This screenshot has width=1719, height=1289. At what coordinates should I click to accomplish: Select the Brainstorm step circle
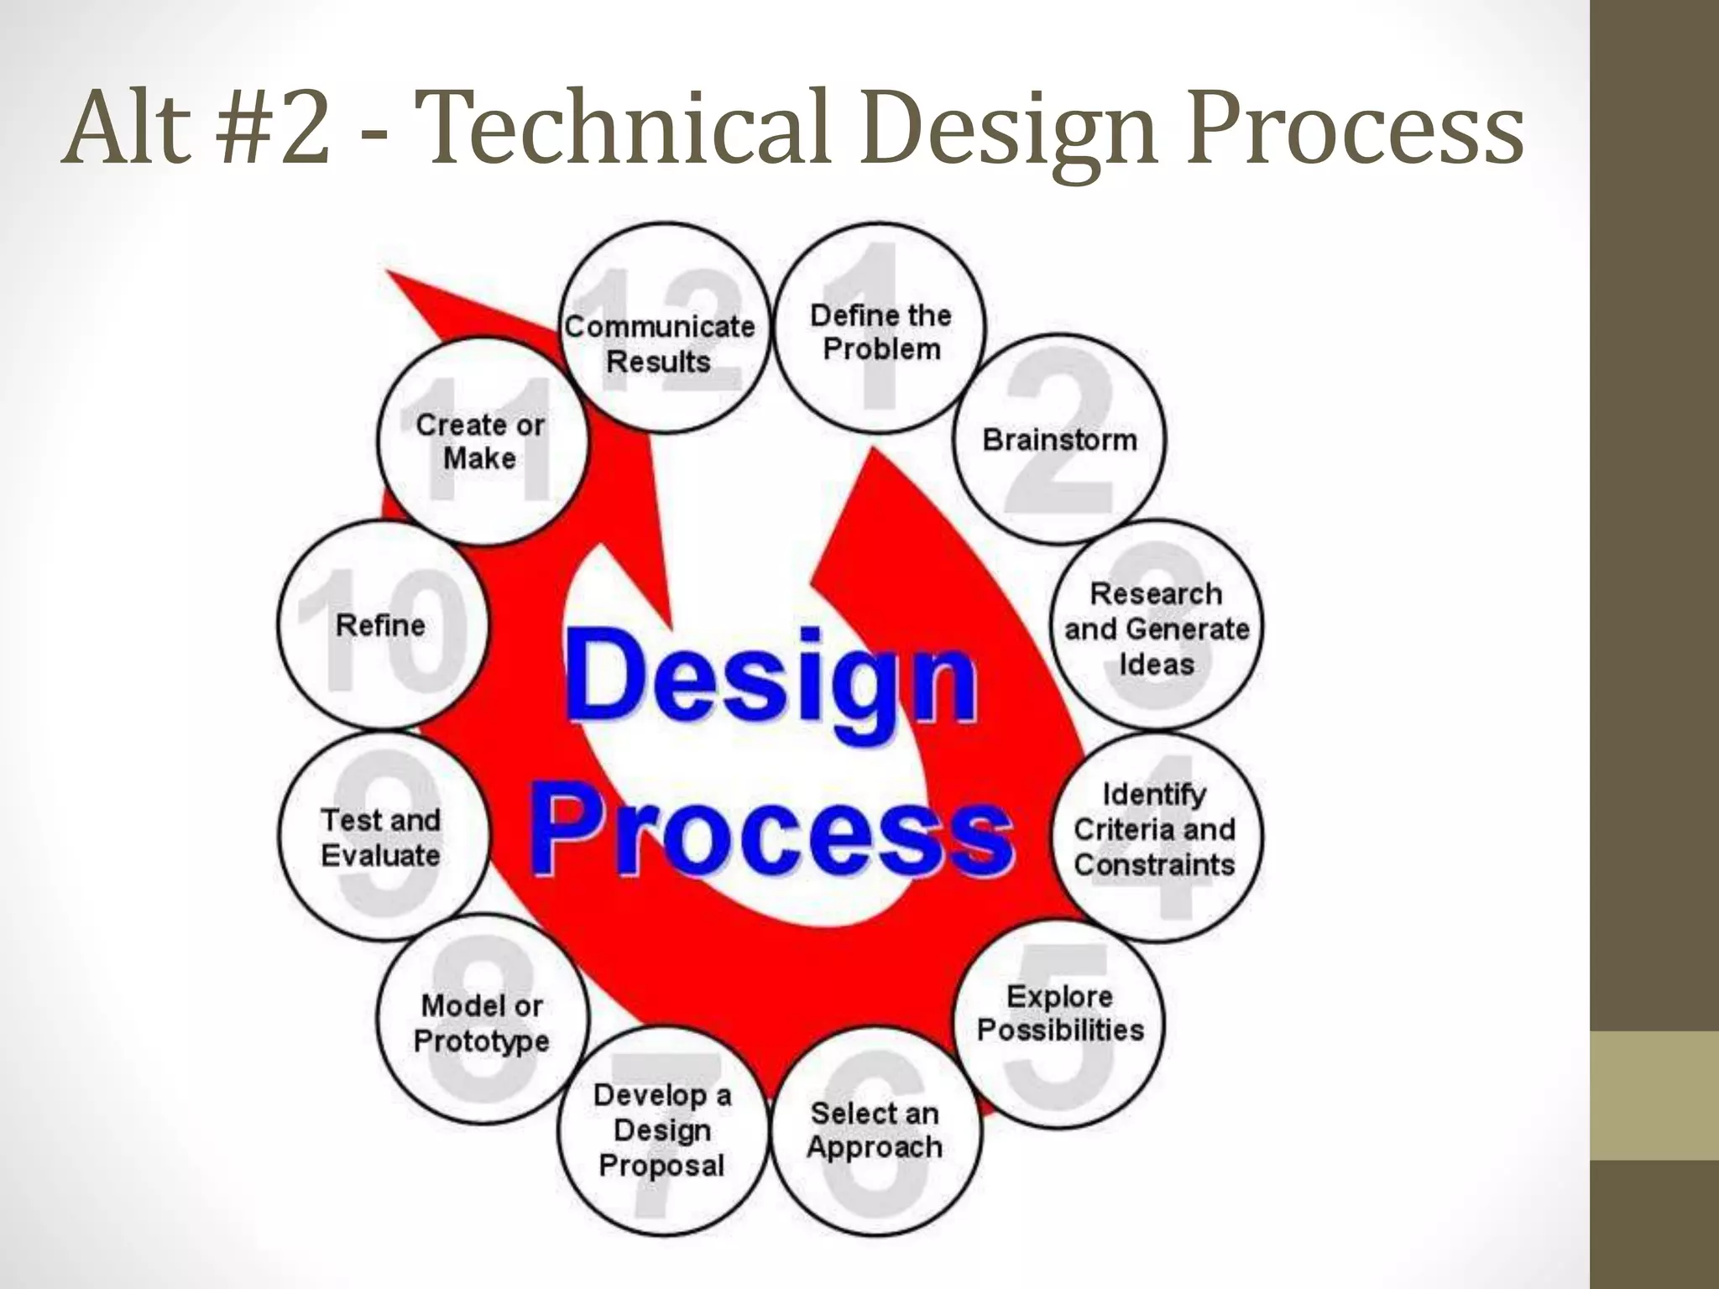(x=1059, y=439)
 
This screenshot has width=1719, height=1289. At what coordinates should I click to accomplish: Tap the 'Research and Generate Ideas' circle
(x=1157, y=627)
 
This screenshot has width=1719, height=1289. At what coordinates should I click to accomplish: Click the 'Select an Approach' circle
(x=875, y=1131)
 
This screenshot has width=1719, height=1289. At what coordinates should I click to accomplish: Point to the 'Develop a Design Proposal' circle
(x=662, y=1130)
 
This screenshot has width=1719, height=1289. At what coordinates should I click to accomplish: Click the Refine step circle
(x=382, y=625)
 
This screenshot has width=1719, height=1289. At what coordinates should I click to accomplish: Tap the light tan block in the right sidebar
(x=1654, y=1095)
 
